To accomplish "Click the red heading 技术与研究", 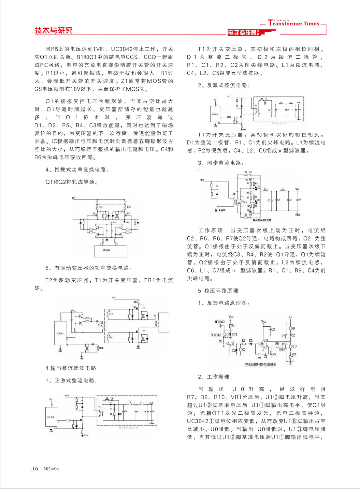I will pyautogui.click(x=53, y=31).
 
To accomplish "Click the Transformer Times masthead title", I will pyautogui.click(x=294, y=23).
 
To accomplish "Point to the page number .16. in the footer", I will pyautogui.click(x=35, y=468).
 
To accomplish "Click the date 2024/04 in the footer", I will pyautogui.click(x=51, y=469).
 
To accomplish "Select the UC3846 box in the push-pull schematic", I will pyautogui.click(x=107, y=250).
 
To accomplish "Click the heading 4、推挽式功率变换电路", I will pyautogui.click(x=77, y=170).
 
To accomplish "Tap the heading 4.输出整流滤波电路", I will pyautogui.click(x=71, y=368).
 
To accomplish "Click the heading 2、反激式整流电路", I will pyautogui.click(x=223, y=85).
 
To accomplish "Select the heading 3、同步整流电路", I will pyautogui.click(x=221, y=163).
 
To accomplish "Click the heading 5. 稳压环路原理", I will pyautogui.click(x=218, y=290).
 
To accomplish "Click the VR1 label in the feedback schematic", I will pyautogui.click(x=294, y=354).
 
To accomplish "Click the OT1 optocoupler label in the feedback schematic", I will pyautogui.click(x=235, y=334).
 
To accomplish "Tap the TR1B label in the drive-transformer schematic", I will pyautogui.click(x=101, y=348).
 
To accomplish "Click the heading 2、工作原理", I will pyautogui.click(x=215, y=377).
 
